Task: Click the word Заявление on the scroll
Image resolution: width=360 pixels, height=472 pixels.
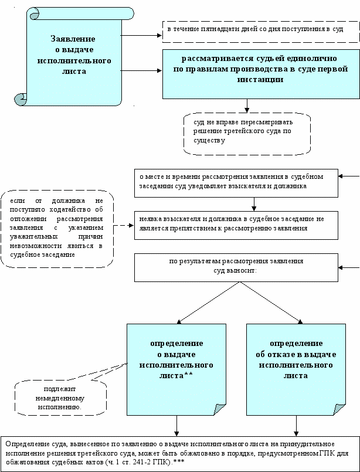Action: (x=73, y=39)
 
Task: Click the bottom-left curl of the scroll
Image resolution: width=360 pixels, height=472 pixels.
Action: (x=20, y=99)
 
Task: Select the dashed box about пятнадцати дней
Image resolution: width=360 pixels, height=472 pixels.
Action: (x=261, y=32)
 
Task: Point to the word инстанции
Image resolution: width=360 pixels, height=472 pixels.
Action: (x=260, y=80)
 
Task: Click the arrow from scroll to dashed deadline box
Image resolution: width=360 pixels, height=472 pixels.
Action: (x=141, y=36)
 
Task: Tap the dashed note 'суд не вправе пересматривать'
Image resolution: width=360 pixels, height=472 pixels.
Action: (x=247, y=134)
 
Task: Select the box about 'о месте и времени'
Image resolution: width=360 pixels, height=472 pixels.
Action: (x=236, y=183)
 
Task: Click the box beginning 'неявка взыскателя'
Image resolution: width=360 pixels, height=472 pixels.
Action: (x=236, y=225)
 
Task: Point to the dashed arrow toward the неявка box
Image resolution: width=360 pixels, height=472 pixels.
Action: (x=124, y=225)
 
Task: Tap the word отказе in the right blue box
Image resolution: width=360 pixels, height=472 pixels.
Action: (x=280, y=355)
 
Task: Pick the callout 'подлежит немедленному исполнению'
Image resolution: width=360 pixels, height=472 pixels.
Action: (x=60, y=398)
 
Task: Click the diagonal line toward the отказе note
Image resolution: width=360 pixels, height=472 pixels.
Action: (x=271, y=302)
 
